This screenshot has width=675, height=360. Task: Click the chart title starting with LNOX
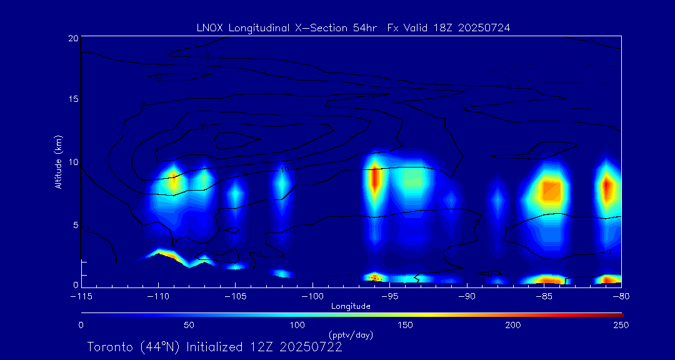tap(354, 27)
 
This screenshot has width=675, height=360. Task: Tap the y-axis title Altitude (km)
tap(59, 161)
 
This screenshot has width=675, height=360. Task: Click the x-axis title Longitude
tap(351, 306)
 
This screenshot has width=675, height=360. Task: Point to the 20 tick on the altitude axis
tap(72, 38)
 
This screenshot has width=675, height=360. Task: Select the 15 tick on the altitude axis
tap(72, 99)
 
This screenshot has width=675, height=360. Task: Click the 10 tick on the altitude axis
tap(72, 162)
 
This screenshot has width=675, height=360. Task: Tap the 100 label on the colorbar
tap(297, 325)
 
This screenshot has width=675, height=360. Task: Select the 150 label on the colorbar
tap(405, 325)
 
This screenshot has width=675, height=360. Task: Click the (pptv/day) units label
tap(351, 335)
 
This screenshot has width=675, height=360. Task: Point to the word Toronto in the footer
tap(109, 347)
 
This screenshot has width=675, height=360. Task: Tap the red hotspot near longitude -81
tap(605, 187)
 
